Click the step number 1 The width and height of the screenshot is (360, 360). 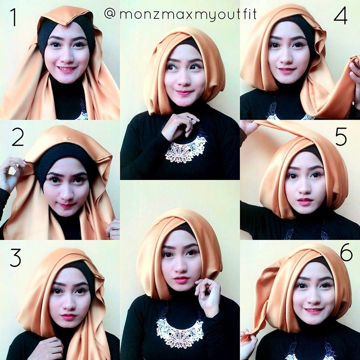(x=14, y=17)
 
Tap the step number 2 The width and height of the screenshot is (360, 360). (x=18, y=137)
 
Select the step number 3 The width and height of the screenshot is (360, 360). (x=16, y=258)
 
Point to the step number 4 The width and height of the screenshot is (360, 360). (x=340, y=16)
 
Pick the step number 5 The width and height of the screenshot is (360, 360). (x=341, y=137)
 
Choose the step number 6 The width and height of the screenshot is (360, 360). (x=346, y=252)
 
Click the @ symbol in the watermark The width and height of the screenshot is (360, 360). (x=110, y=13)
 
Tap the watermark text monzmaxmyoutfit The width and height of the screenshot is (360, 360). (x=188, y=14)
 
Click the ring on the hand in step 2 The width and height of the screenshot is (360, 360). (x=117, y=233)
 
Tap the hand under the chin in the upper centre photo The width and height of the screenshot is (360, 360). (x=180, y=125)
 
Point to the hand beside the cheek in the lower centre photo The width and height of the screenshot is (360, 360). (x=208, y=296)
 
